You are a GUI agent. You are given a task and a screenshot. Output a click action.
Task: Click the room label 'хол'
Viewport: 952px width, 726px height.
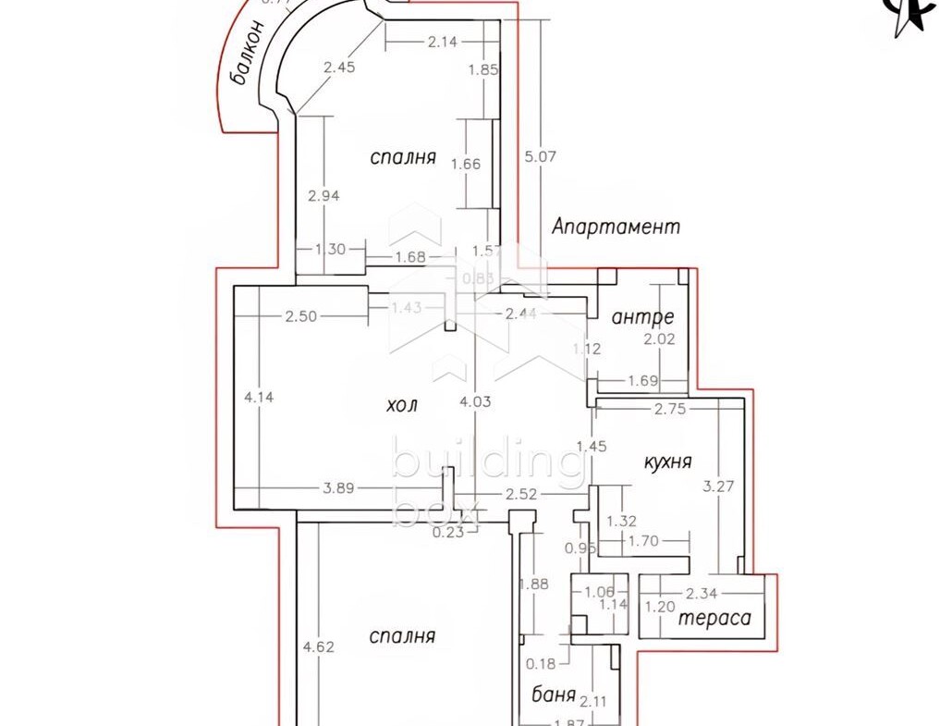tap(403, 404)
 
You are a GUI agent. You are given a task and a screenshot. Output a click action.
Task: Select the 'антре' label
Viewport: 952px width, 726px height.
tap(642, 316)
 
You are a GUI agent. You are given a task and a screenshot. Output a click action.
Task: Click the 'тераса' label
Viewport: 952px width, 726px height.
tap(715, 619)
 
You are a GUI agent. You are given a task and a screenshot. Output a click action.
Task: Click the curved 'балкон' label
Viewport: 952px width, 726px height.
tap(249, 54)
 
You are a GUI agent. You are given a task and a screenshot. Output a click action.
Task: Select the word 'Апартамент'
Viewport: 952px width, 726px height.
tap(616, 226)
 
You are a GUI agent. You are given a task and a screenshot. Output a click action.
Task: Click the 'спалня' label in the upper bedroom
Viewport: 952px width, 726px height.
tap(402, 157)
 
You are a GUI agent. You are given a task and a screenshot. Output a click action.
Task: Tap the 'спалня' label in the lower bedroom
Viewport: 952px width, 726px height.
tap(401, 636)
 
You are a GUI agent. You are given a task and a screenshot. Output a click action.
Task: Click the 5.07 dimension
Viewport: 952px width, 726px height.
tap(540, 156)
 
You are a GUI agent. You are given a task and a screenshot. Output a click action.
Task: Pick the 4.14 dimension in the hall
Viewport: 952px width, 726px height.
tap(259, 397)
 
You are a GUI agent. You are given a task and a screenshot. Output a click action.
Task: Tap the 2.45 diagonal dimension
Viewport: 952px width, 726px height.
tap(338, 66)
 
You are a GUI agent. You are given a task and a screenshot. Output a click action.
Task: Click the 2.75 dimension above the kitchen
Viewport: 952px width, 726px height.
tap(669, 410)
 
